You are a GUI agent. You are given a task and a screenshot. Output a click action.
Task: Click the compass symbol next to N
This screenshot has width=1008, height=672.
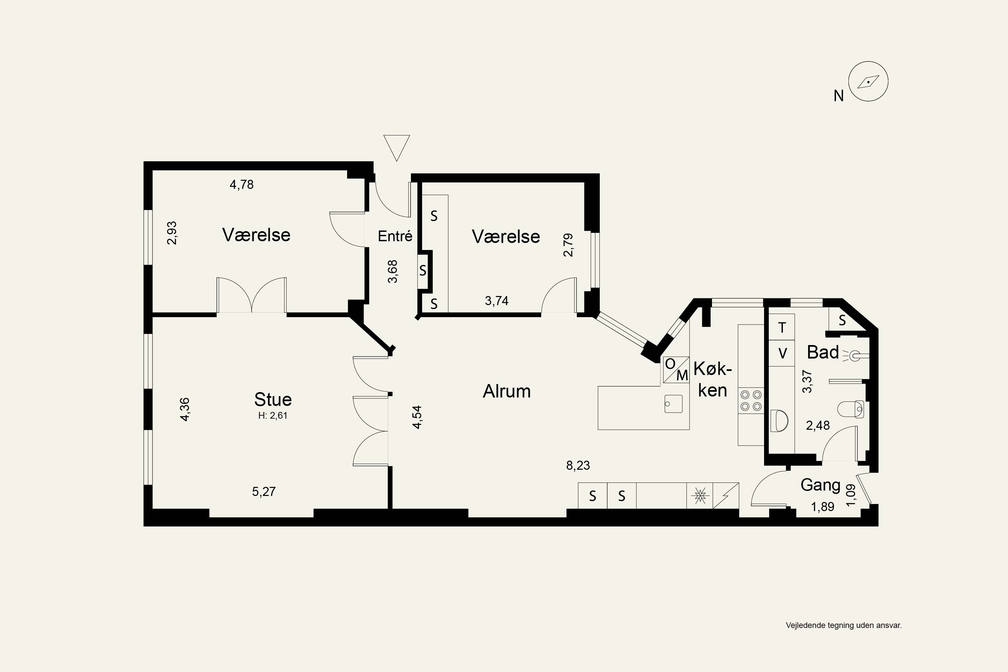click(x=868, y=81)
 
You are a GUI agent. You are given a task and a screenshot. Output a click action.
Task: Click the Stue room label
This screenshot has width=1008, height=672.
click(x=273, y=400)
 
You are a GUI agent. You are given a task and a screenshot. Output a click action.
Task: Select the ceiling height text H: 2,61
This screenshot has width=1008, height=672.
click(x=273, y=415)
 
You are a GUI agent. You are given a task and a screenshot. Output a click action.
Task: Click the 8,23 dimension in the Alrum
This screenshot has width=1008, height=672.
click(x=578, y=465)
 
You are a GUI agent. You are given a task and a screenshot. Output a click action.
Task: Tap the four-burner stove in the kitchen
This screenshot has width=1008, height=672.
click(x=751, y=400)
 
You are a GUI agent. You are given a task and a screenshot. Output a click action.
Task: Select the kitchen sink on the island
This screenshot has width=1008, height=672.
click(x=673, y=404)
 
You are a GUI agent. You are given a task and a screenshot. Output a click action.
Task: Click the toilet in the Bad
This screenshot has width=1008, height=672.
click(x=850, y=409)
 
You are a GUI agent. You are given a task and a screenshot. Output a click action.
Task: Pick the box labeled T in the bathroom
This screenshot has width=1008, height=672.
click(x=782, y=327)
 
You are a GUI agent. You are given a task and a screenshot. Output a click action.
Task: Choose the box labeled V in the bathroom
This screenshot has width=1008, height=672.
click(x=782, y=353)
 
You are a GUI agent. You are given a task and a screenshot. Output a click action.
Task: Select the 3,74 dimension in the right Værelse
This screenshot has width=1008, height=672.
click(x=497, y=301)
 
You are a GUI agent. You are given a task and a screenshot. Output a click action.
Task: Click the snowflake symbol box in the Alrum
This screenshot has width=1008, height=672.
click(x=700, y=496)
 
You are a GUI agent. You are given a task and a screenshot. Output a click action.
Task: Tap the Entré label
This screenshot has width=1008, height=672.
click(x=395, y=236)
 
